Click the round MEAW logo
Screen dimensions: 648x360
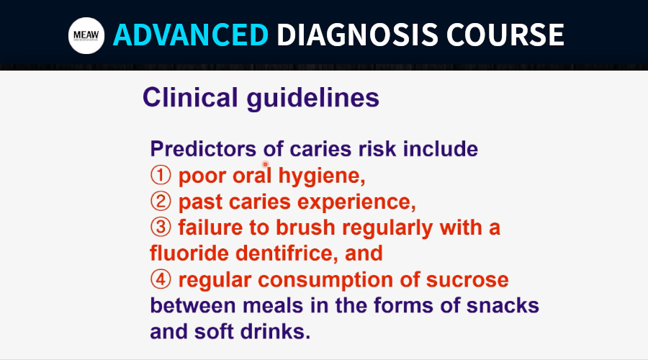[x=86, y=35]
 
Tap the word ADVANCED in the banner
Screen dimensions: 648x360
[x=191, y=35]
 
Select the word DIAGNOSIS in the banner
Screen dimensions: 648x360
[x=357, y=35]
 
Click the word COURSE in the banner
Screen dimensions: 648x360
[x=505, y=35]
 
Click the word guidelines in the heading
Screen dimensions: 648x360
[x=313, y=99]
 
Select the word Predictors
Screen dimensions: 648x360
[x=203, y=149]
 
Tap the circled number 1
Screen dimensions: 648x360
[x=161, y=175]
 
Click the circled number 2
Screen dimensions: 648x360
[x=161, y=202]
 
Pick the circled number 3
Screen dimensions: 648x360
[x=161, y=228]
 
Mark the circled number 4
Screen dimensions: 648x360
[x=161, y=279]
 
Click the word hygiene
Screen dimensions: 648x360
[x=322, y=177]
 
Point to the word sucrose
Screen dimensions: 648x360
[x=467, y=280]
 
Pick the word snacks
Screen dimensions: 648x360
[x=503, y=305]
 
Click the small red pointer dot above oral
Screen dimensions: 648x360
[x=265, y=164]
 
